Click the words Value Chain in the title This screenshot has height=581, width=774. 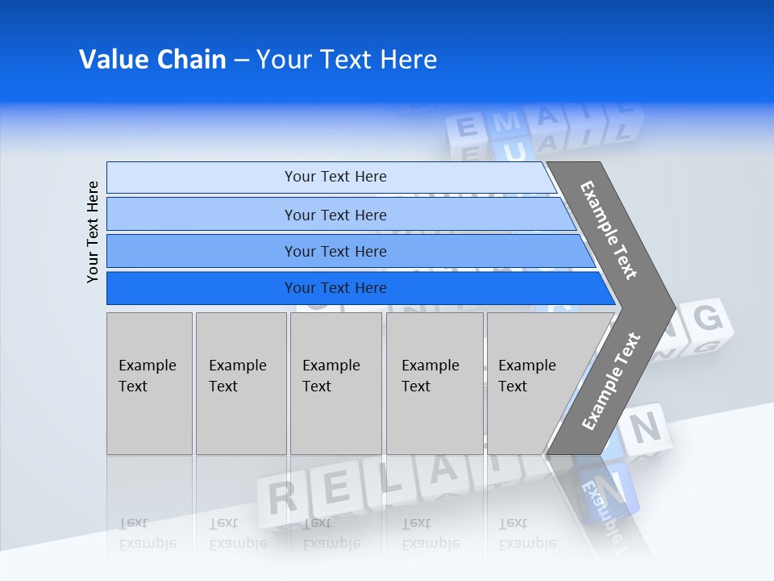pos(152,60)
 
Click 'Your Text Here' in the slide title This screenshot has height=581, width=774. pos(347,60)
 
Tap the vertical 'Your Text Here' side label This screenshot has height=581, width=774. pos(94,232)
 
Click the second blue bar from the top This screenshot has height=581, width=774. pos(335,215)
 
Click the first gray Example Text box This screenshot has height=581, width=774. pos(149,383)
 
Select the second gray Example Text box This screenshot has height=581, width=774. pos(241,383)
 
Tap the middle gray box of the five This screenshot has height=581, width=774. pos(335,383)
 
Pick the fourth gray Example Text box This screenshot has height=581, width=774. pos(435,383)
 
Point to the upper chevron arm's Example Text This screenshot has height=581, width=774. pos(609,230)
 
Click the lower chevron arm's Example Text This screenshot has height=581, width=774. pos(610,382)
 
